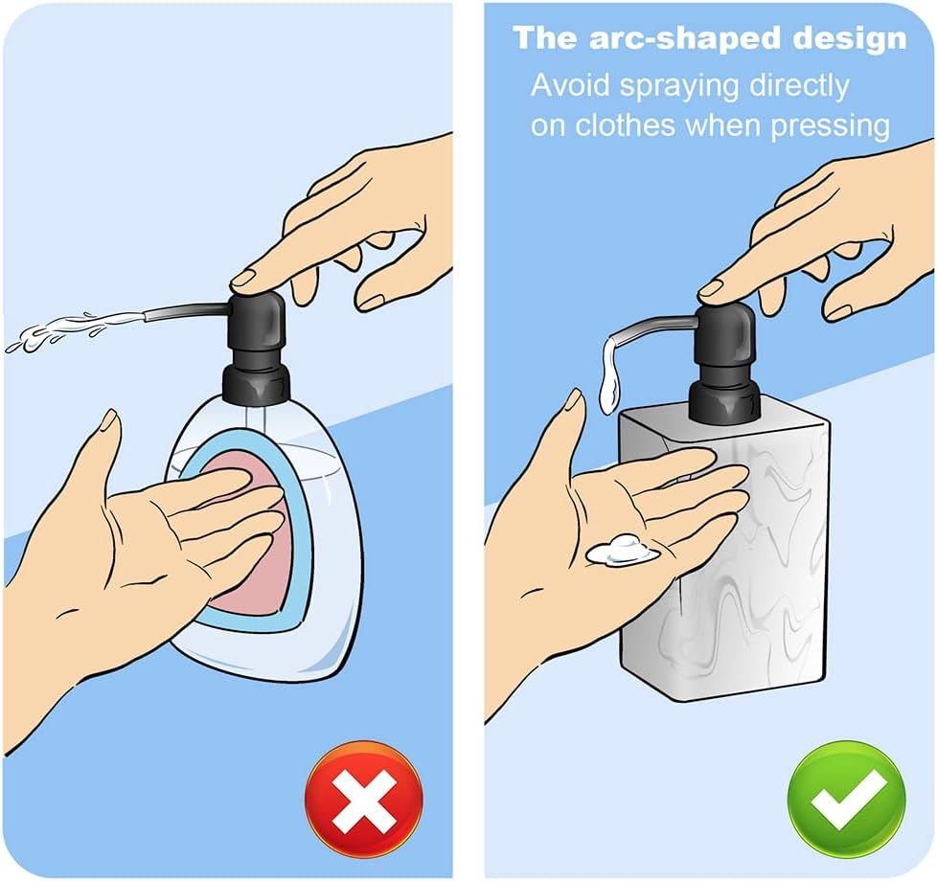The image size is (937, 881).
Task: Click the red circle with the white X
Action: coord(363,799)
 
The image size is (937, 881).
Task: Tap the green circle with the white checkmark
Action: coord(846,799)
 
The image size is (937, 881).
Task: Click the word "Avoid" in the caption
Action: coord(571,85)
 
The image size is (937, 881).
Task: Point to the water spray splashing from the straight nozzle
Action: coord(57,330)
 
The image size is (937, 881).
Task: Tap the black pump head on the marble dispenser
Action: coord(726,335)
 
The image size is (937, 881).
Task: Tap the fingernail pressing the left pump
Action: coord(245,279)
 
